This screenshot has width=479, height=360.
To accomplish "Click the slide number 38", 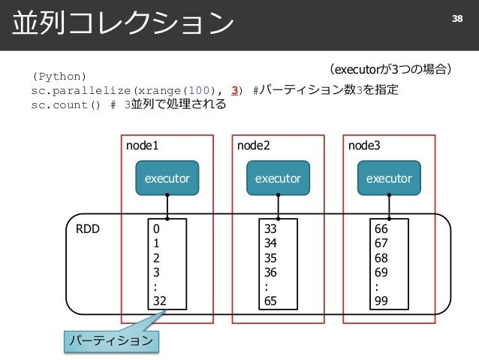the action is coord(457,19).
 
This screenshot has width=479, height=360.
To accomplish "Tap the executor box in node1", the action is coord(167,178).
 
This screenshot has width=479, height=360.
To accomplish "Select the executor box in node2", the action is coord(278,178).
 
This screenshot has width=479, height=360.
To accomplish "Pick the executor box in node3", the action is coord(389,178).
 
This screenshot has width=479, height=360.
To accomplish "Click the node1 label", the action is coord(143,146).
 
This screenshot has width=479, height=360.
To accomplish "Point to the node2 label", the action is coord(254,146).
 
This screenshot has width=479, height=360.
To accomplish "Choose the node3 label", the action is coord(364,146).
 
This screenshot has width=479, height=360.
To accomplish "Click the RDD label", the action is coord(88,228).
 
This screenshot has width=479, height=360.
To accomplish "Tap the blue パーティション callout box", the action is coord(112,341).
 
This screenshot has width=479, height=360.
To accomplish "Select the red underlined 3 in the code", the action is coord(234,90).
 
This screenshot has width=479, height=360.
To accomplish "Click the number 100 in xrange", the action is coord(199,90).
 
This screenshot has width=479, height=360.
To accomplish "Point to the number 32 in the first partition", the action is coord(160,301).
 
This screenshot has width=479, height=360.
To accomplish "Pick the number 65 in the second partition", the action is coord(270,301).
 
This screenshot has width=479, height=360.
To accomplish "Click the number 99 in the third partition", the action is coord(381,301).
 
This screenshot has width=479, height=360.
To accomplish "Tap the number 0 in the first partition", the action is coord(156,228).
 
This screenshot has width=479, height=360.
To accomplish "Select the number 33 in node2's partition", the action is coord(270,228).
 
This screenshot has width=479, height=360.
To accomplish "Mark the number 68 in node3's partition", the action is coord(381,258).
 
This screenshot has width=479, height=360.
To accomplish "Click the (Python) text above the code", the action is coord(59,77).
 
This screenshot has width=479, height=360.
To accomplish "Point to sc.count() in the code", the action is coord(65,105).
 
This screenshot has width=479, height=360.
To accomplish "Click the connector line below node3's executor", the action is coord(389,207).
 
